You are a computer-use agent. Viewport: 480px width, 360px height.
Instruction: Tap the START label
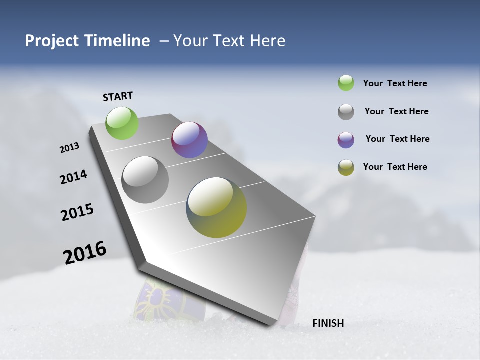point(118,96)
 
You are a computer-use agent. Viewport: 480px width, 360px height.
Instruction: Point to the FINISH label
point(328,323)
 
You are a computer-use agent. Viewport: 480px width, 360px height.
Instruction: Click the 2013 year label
point(69,148)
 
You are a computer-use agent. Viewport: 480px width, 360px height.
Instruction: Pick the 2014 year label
point(73,177)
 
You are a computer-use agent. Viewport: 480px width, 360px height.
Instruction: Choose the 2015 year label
point(77,212)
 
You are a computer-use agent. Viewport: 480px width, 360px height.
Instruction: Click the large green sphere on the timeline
point(122,123)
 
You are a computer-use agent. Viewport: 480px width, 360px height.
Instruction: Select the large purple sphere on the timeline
point(189,140)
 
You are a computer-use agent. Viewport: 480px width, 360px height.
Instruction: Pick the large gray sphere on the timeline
point(145,180)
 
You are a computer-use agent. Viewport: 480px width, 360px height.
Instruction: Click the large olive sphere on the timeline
point(216,207)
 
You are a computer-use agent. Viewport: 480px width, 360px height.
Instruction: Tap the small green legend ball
point(346,83)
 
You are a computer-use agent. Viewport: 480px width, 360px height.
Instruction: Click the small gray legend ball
point(346,112)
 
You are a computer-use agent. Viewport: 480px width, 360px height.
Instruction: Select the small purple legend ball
point(346,140)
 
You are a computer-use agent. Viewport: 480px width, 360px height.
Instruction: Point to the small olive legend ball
point(346,167)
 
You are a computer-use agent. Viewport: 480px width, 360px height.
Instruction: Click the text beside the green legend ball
point(395,83)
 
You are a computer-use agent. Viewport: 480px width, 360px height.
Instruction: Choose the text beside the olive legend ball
point(395,167)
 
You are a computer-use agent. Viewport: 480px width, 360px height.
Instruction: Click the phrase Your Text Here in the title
point(229,41)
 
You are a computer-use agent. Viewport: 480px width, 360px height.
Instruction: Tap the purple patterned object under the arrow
point(159,300)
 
